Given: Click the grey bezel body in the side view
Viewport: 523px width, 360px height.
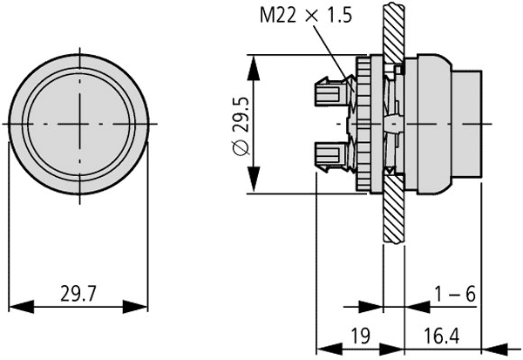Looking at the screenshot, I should [431, 124].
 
